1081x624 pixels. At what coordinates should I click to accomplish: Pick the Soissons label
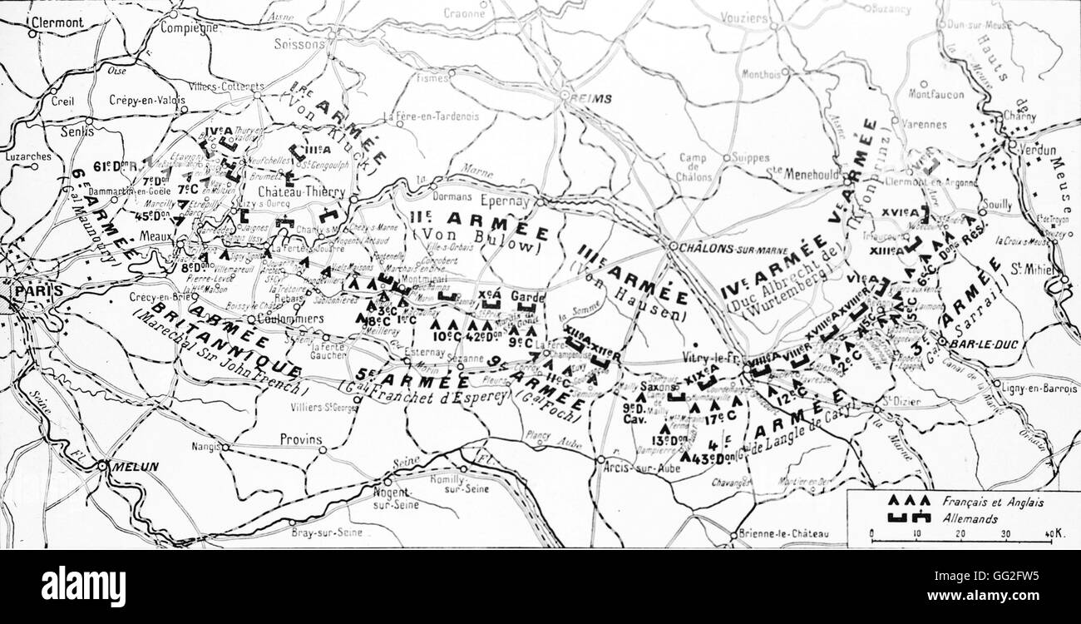[298, 43]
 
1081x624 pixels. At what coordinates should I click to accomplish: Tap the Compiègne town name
[189, 27]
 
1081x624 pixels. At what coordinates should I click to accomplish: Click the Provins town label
[300, 438]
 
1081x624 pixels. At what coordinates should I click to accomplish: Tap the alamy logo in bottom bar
[83, 587]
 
